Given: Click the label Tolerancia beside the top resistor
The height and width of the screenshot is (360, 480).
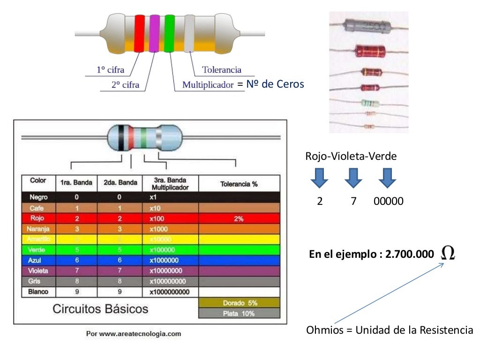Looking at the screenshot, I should click(x=222, y=70).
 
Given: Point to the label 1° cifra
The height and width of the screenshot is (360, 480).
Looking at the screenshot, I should click(x=111, y=70).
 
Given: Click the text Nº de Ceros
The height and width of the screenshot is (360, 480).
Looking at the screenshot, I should click(x=275, y=84).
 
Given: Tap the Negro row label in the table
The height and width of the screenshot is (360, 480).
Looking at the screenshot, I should click(x=38, y=197).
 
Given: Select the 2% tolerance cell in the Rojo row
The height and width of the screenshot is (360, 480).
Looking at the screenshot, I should click(x=239, y=218).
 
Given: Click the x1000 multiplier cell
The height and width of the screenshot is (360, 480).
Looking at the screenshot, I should click(x=159, y=229).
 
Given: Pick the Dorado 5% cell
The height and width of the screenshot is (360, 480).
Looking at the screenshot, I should click(x=240, y=303).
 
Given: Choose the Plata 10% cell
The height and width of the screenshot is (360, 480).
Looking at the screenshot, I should click(x=240, y=314).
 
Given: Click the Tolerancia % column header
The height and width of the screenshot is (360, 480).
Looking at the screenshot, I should click(x=239, y=184).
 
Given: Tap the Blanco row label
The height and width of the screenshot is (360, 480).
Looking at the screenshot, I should click(x=38, y=292).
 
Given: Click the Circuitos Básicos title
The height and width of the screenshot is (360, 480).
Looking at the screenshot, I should click(x=100, y=309).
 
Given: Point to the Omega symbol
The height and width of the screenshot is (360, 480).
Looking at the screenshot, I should click(x=448, y=254).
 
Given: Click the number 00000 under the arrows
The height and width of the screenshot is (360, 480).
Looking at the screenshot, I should click(x=389, y=202).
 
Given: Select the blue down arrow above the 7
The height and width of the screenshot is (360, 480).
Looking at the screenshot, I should click(x=353, y=178).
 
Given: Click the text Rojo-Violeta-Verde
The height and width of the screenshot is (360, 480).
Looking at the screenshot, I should click(x=351, y=157).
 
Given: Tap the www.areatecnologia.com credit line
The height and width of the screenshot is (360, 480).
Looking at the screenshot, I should click(x=134, y=334).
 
